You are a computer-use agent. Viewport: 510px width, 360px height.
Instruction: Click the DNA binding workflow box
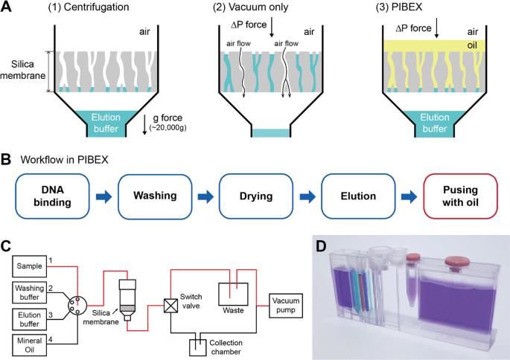52,196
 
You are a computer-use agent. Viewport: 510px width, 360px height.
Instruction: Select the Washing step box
155,196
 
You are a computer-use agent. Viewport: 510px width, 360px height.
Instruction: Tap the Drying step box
256,196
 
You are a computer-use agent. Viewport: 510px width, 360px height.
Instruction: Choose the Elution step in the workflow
358,196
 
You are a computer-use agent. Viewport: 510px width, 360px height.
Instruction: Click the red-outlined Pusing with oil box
460,196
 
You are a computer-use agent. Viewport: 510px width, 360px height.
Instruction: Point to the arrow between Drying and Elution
307,196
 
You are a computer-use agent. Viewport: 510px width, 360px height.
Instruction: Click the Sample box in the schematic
30,266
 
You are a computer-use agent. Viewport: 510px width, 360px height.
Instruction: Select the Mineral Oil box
30,345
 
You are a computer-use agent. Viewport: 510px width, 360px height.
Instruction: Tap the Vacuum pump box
286,306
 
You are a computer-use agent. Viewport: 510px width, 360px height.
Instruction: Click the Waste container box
233,294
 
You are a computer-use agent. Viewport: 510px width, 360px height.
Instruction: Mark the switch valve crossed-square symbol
170,306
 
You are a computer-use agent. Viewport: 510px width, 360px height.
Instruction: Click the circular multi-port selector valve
77,306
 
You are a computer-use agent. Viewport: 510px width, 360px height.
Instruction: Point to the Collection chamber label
226,347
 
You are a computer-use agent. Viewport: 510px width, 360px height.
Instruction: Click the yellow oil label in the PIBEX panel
471,45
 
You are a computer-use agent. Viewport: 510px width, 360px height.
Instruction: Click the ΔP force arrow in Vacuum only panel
272,28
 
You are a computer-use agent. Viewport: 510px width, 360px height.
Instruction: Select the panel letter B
6,160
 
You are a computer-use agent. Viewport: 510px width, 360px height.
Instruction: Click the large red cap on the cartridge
457,262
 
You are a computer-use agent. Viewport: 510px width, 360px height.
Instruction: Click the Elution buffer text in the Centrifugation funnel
106,123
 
